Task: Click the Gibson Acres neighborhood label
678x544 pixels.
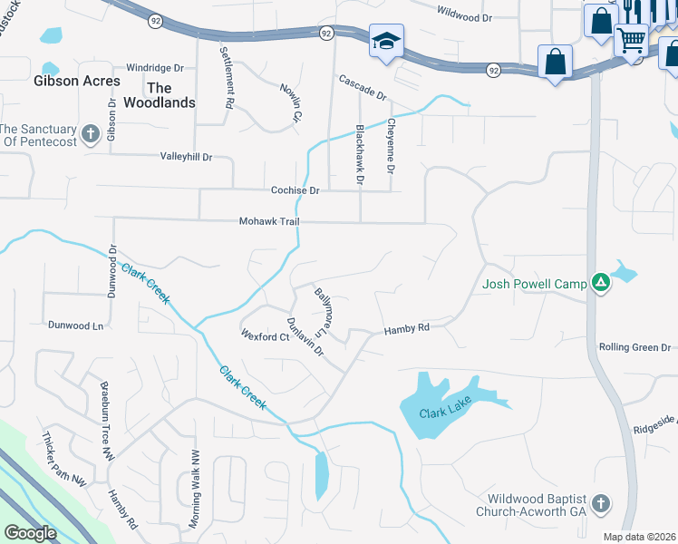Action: pyautogui.click(x=77, y=81)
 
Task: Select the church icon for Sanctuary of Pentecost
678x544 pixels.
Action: pyautogui.click(x=90, y=135)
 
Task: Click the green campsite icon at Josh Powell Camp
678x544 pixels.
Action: pyautogui.click(x=599, y=284)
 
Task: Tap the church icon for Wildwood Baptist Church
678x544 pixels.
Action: pyautogui.click(x=599, y=503)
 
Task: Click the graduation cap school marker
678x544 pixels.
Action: pyautogui.click(x=386, y=41)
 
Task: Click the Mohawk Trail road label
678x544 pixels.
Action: pyautogui.click(x=269, y=221)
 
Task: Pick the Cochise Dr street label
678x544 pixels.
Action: pyautogui.click(x=295, y=190)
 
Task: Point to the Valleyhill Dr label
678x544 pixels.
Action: pyautogui.click(x=186, y=157)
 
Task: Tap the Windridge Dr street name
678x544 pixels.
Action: pyautogui.click(x=155, y=68)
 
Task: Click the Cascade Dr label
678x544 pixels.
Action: pyautogui.click(x=363, y=88)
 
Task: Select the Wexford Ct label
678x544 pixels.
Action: pyautogui.click(x=264, y=336)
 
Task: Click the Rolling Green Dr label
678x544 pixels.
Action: pyautogui.click(x=634, y=347)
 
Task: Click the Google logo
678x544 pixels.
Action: pyautogui.click(x=31, y=533)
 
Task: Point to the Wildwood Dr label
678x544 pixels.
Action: pyautogui.click(x=463, y=15)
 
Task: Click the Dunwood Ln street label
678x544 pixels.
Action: pyautogui.click(x=75, y=323)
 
